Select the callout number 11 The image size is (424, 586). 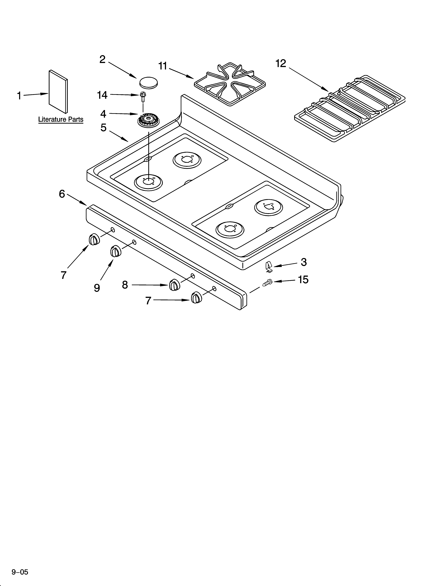pyautogui.click(x=163, y=66)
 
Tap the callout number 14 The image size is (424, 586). pyautogui.click(x=102, y=95)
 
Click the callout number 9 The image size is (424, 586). pyautogui.click(x=97, y=288)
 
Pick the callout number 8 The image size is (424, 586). pyautogui.click(x=125, y=285)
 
